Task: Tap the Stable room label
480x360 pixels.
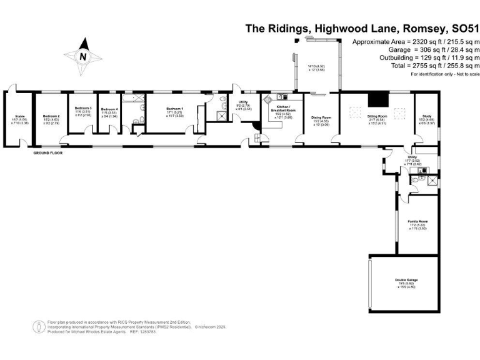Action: pyautogui.click(x=19, y=116)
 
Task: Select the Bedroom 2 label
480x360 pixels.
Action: pyautogui.click(x=51, y=116)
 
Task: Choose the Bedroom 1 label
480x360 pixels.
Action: pyautogui.click(x=174, y=109)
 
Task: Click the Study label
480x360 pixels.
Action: pyautogui.click(x=427, y=116)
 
